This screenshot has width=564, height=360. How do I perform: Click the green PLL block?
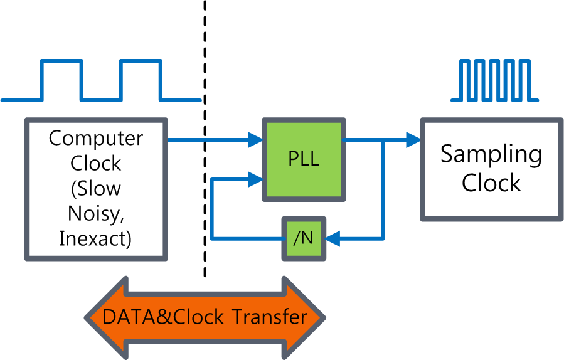click(x=304, y=159)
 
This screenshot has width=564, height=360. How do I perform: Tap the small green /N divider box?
click(x=304, y=238)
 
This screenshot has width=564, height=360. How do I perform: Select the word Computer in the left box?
click(x=96, y=138)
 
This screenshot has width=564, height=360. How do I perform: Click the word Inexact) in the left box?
click(x=95, y=239)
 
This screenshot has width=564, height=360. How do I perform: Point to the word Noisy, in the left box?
click(x=96, y=214)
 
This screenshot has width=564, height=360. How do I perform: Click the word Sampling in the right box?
click(x=491, y=154)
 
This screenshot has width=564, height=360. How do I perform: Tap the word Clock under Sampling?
click(x=491, y=183)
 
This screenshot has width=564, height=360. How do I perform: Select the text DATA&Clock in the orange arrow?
click(x=163, y=317)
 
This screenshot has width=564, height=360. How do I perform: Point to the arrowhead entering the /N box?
click(x=332, y=238)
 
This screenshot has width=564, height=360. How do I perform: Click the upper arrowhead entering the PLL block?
click(x=255, y=140)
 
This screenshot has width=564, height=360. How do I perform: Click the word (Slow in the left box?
click(x=96, y=189)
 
